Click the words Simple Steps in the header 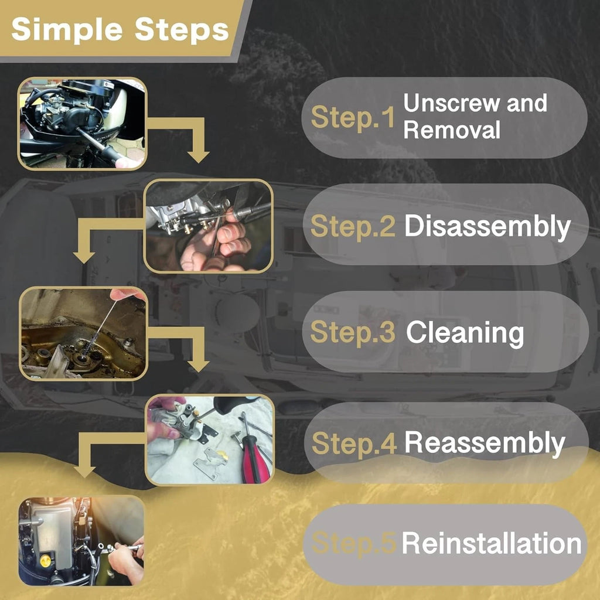[x=120, y=30]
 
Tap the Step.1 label [x=352, y=117]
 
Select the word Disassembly [x=487, y=226]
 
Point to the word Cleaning [x=465, y=333]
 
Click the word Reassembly [x=485, y=443]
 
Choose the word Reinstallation [x=492, y=543]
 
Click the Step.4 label [x=354, y=444]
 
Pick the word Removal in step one [x=452, y=130]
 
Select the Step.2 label [x=352, y=226]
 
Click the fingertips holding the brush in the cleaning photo [x=123, y=294]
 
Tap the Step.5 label [x=353, y=543]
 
